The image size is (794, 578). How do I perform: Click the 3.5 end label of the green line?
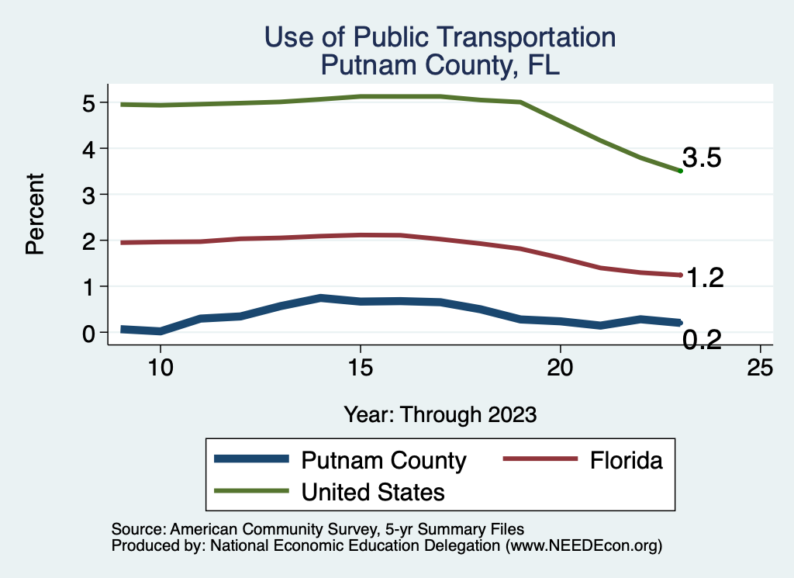(702, 158)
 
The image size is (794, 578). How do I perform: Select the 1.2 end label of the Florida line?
(705, 278)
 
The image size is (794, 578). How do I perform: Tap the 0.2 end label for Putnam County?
(702, 339)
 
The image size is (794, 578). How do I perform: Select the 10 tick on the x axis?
(160, 368)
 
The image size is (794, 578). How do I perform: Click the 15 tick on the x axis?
(360, 368)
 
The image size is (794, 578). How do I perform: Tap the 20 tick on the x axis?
(560, 368)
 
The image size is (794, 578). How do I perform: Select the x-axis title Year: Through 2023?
(440, 414)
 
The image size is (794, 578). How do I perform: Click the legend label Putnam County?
(384, 461)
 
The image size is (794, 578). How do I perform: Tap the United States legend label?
(373, 491)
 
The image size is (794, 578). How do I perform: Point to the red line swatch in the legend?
(540, 460)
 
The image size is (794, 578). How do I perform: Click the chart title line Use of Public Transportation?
(440, 37)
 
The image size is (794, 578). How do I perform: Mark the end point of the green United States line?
(680, 171)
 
